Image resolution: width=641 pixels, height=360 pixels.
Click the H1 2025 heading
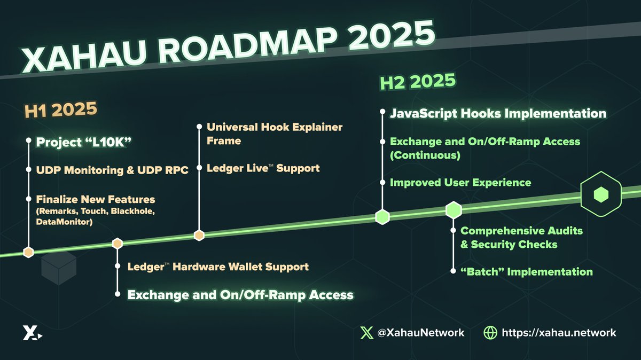pos(61,111)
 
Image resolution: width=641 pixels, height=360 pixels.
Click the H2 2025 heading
pos(417,81)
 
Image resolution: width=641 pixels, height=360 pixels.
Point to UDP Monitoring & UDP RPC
pos(112,171)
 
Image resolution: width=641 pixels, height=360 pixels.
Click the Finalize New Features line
pos(96,200)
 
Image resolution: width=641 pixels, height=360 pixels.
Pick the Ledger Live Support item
pos(263,168)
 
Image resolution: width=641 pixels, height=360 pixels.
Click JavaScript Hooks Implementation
pos(498,114)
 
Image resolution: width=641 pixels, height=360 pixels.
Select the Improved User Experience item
pos(460,183)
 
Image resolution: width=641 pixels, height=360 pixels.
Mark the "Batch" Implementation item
pos(526,272)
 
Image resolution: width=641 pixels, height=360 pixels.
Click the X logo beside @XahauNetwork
pos(366,332)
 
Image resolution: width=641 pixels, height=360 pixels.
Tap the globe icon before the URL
pos(490,332)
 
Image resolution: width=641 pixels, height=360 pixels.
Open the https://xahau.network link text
pos(559,332)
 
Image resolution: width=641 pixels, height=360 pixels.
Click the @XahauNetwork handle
pos(420,332)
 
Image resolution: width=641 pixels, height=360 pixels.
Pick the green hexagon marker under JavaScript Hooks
pos(382,217)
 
